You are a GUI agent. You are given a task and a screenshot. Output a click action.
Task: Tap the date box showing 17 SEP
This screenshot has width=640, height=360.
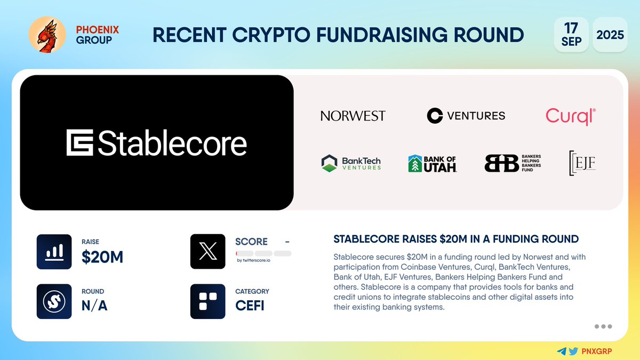(571, 35)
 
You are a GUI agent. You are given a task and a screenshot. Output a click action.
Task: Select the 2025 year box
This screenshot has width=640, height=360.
(610, 35)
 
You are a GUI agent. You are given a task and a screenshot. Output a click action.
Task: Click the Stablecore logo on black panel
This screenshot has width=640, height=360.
(156, 143)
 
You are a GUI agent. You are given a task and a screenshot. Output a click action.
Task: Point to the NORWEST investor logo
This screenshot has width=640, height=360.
(353, 116)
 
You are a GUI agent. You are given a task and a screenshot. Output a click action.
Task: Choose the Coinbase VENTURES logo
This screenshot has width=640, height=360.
(466, 115)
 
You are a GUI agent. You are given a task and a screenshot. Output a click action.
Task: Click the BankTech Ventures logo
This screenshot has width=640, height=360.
(351, 163)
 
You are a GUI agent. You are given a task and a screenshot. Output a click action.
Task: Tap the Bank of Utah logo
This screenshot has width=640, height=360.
(432, 163)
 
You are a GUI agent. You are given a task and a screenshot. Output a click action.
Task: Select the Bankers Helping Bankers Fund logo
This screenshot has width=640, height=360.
(513, 163)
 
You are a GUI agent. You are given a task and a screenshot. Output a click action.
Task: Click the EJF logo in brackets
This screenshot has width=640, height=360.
(582, 163)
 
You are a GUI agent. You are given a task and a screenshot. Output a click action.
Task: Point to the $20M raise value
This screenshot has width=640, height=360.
(102, 258)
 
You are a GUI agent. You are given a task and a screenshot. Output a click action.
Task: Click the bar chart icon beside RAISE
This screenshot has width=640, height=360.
(54, 252)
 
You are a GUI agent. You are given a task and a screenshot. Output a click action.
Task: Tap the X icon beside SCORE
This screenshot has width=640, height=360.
(207, 252)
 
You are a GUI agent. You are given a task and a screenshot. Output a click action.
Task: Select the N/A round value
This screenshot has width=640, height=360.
(94, 307)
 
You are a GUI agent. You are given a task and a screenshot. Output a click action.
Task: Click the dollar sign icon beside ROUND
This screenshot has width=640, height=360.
(54, 301)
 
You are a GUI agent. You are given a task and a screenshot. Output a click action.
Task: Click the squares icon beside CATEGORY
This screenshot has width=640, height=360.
(207, 301)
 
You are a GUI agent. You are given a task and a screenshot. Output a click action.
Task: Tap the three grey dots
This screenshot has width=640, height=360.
(603, 326)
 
